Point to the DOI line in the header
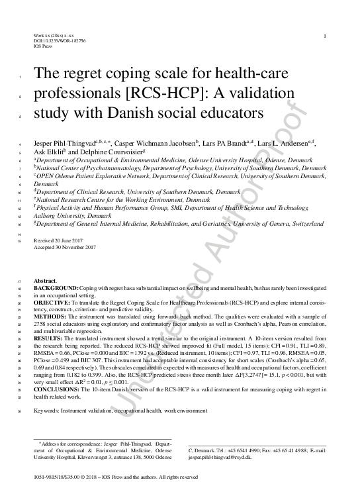pyautogui.click(x=59, y=40)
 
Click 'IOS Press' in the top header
pyautogui.click(x=42, y=46)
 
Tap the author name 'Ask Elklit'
pyautogui.click(x=47, y=151)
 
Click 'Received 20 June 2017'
pyautogui.click(x=60, y=240)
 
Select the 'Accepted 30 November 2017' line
pyautogui.click(x=64, y=247)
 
